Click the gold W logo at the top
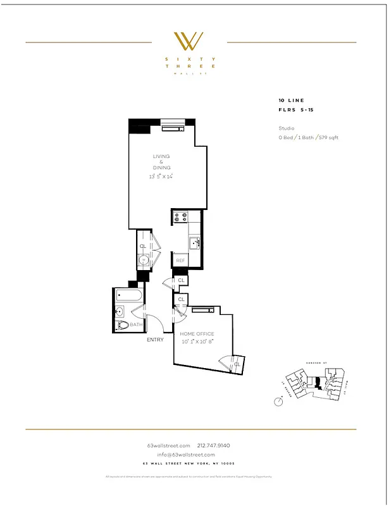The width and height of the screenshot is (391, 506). [x=189, y=41]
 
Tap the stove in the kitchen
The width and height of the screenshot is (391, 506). [x=180, y=217]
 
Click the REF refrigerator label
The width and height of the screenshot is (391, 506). [x=180, y=261]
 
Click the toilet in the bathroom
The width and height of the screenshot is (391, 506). [x=123, y=324]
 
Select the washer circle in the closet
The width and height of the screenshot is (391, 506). [x=144, y=259]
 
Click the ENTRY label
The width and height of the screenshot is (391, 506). [x=155, y=340]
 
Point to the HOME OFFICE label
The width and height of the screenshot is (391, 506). [x=197, y=334]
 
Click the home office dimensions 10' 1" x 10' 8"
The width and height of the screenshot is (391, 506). [x=197, y=341]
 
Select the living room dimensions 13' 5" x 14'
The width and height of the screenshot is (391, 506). [x=161, y=176]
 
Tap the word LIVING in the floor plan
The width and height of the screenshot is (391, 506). [x=161, y=156]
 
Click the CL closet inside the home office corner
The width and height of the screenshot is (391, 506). [x=236, y=364]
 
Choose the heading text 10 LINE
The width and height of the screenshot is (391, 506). [x=290, y=101]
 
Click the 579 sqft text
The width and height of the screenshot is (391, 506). [x=329, y=137]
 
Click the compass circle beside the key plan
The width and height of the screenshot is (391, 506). [x=278, y=401]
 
